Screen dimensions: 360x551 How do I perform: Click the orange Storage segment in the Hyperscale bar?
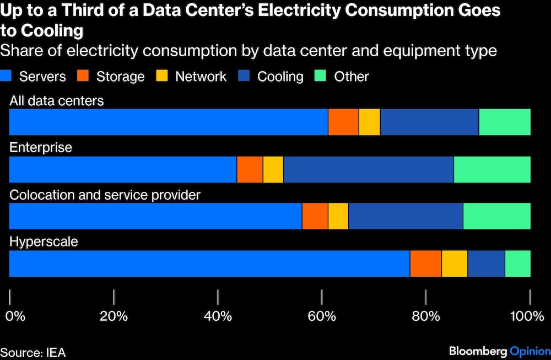(425, 264)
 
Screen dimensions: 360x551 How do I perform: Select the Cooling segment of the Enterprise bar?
(368, 169)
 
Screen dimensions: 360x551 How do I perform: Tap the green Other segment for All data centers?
(505, 122)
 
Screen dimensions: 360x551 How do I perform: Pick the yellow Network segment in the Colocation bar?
(338, 216)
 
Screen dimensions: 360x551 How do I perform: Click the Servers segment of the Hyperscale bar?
(209, 264)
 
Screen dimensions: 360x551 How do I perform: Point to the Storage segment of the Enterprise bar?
(250, 169)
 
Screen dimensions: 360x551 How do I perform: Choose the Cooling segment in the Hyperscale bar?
(486, 264)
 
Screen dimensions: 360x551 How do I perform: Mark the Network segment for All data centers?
(369, 122)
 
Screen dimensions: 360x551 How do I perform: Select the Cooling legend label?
(280, 77)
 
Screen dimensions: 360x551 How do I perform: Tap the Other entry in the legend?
(351, 77)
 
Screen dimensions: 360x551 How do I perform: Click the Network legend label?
(201, 77)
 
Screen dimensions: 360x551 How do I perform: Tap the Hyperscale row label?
(44, 242)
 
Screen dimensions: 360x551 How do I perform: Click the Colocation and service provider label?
(105, 195)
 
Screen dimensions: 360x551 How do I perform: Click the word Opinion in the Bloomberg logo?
(530, 351)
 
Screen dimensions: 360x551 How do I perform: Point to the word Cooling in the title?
(52, 30)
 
